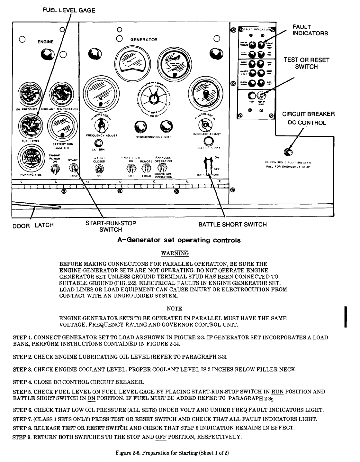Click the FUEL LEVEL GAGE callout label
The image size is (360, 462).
(x=69, y=10)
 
